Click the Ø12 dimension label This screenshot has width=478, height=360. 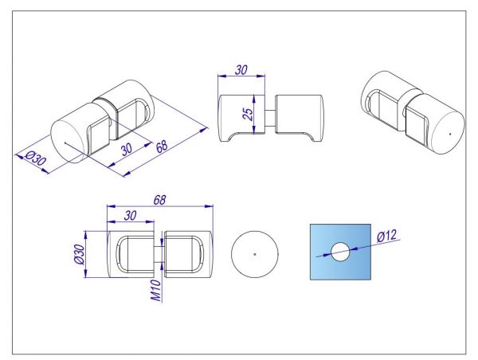pos(387,236)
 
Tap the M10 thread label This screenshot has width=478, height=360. pos(156,291)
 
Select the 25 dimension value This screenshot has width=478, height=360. pos(249,114)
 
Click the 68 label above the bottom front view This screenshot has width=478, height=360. pos(159,200)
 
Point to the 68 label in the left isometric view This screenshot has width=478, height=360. pos(162,146)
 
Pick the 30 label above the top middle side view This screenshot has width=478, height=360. pos(241,70)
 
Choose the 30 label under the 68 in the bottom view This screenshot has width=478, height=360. pos(130,216)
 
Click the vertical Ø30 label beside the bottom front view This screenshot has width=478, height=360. pos(79,254)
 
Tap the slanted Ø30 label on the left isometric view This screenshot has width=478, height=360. pos(35,158)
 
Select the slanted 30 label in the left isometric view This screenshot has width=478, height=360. pos(126,149)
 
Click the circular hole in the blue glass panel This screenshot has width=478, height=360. pos(340,252)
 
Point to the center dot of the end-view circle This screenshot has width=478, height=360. pos(255,254)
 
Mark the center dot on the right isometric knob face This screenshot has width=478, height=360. pos(450,133)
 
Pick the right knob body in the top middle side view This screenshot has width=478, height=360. pos(299,118)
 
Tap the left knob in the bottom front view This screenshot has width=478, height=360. pos(131,254)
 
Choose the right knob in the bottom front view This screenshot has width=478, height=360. pos(188,254)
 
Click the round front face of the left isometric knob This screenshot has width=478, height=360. pos(68,142)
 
